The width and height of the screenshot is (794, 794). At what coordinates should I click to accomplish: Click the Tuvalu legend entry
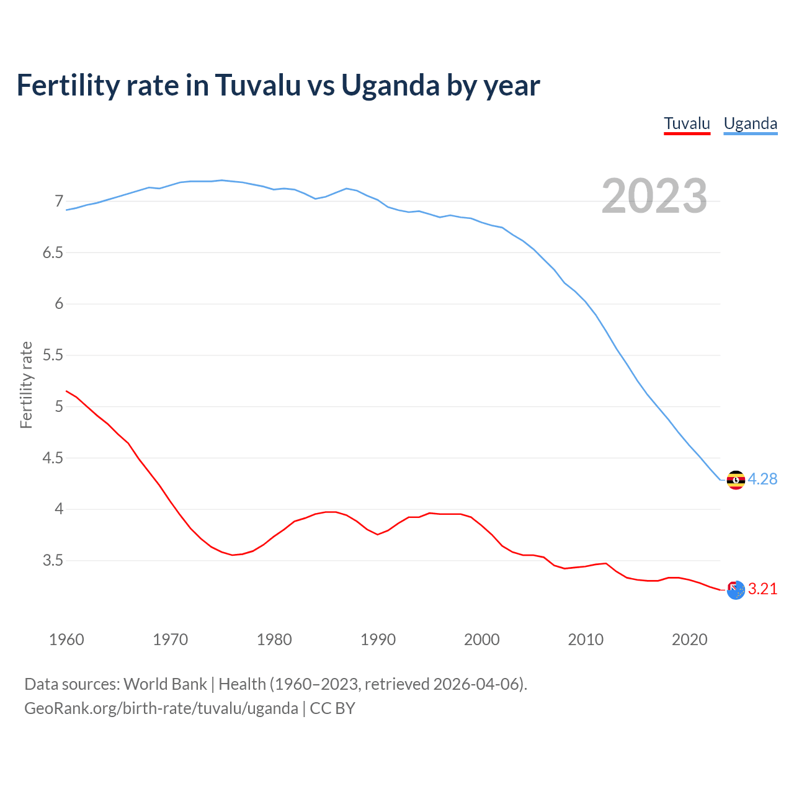click(687, 123)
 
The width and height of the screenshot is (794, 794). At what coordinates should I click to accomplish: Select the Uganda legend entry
click(750, 123)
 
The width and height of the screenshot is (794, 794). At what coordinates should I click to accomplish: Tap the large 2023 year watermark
click(654, 196)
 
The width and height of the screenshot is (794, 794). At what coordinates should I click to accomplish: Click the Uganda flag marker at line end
click(736, 480)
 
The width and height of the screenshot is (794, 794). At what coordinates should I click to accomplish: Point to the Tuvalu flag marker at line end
click(736, 590)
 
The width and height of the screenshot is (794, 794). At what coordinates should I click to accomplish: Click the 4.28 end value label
click(762, 479)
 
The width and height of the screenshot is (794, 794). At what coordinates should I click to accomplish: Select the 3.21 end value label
click(762, 589)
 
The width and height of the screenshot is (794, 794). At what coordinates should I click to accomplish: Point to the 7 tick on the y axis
click(59, 201)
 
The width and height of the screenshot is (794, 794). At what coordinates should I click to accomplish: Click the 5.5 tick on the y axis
click(53, 355)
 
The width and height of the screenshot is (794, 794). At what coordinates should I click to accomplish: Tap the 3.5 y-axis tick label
click(53, 560)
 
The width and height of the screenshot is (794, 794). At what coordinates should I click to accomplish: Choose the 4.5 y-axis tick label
click(53, 458)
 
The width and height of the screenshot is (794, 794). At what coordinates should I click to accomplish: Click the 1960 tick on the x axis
click(66, 640)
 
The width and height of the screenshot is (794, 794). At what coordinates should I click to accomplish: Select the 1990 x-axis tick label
click(378, 640)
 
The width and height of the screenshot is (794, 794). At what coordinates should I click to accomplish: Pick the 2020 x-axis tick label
click(689, 640)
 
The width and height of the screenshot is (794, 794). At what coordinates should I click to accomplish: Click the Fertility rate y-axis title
click(26, 385)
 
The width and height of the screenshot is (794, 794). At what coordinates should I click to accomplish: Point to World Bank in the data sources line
click(165, 684)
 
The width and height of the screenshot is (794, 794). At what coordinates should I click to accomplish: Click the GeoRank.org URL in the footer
click(161, 708)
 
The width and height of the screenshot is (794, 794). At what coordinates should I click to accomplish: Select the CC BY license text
click(332, 708)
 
